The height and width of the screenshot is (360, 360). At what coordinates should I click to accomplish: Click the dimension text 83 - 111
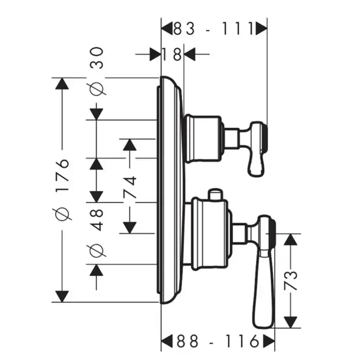pyautogui.click(x=214, y=28)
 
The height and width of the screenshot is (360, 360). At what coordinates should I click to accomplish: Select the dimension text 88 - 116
pyautogui.click(x=218, y=340)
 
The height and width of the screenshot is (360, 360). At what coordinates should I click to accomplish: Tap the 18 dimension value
pyautogui.click(x=172, y=54)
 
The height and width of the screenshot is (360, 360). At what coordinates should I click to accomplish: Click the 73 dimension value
pyautogui.click(x=292, y=280)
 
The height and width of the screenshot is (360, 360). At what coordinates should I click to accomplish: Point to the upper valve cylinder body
pyautogui.click(x=204, y=138)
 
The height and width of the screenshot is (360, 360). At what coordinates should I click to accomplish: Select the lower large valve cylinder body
pyautogui.click(x=210, y=234)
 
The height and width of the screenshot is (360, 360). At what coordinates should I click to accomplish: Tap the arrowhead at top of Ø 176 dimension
pyautogui.click(x=62, y=84)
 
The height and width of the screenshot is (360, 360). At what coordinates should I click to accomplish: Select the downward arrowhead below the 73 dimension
pyautogui.click(x=292, y=322)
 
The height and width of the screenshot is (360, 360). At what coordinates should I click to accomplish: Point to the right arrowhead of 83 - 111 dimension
pyautogui.click(x=261, y=28)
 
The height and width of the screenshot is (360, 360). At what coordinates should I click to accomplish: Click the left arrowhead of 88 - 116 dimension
pyautogui.click(x=168, y=340)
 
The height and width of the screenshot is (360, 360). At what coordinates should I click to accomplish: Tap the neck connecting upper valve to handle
pyautogui.click(x=231, y=137)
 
